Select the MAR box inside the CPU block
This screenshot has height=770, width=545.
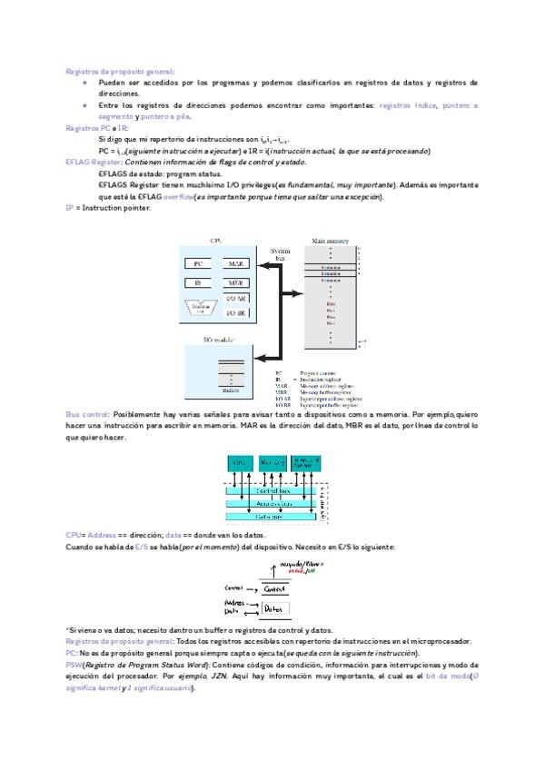(x=237, y=263)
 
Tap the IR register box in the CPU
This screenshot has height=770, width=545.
(x=198, y=283)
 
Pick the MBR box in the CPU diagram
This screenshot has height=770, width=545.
(x=237, y=283)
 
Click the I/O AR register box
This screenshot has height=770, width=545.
(x=237, y=299)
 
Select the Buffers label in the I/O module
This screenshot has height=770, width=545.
(x=232, y=390)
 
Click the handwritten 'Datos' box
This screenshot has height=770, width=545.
(x=279, y=608)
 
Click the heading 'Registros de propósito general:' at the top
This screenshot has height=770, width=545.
(x=120, y=71)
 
